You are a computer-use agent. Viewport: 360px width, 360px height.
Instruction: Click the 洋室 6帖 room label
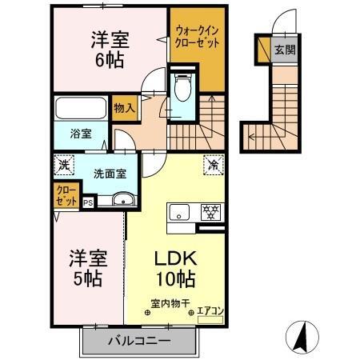pos(111,50)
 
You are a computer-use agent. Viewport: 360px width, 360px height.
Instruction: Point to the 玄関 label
pos(286,50)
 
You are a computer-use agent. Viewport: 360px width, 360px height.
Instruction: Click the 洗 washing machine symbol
pos(65,166)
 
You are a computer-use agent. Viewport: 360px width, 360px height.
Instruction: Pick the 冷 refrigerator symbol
pos(214,166)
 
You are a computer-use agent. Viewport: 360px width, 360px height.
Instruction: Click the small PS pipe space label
pos(88,202)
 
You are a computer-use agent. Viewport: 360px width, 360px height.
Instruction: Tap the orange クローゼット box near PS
pos(66,194)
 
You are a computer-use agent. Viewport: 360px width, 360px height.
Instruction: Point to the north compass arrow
pos(302,337)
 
